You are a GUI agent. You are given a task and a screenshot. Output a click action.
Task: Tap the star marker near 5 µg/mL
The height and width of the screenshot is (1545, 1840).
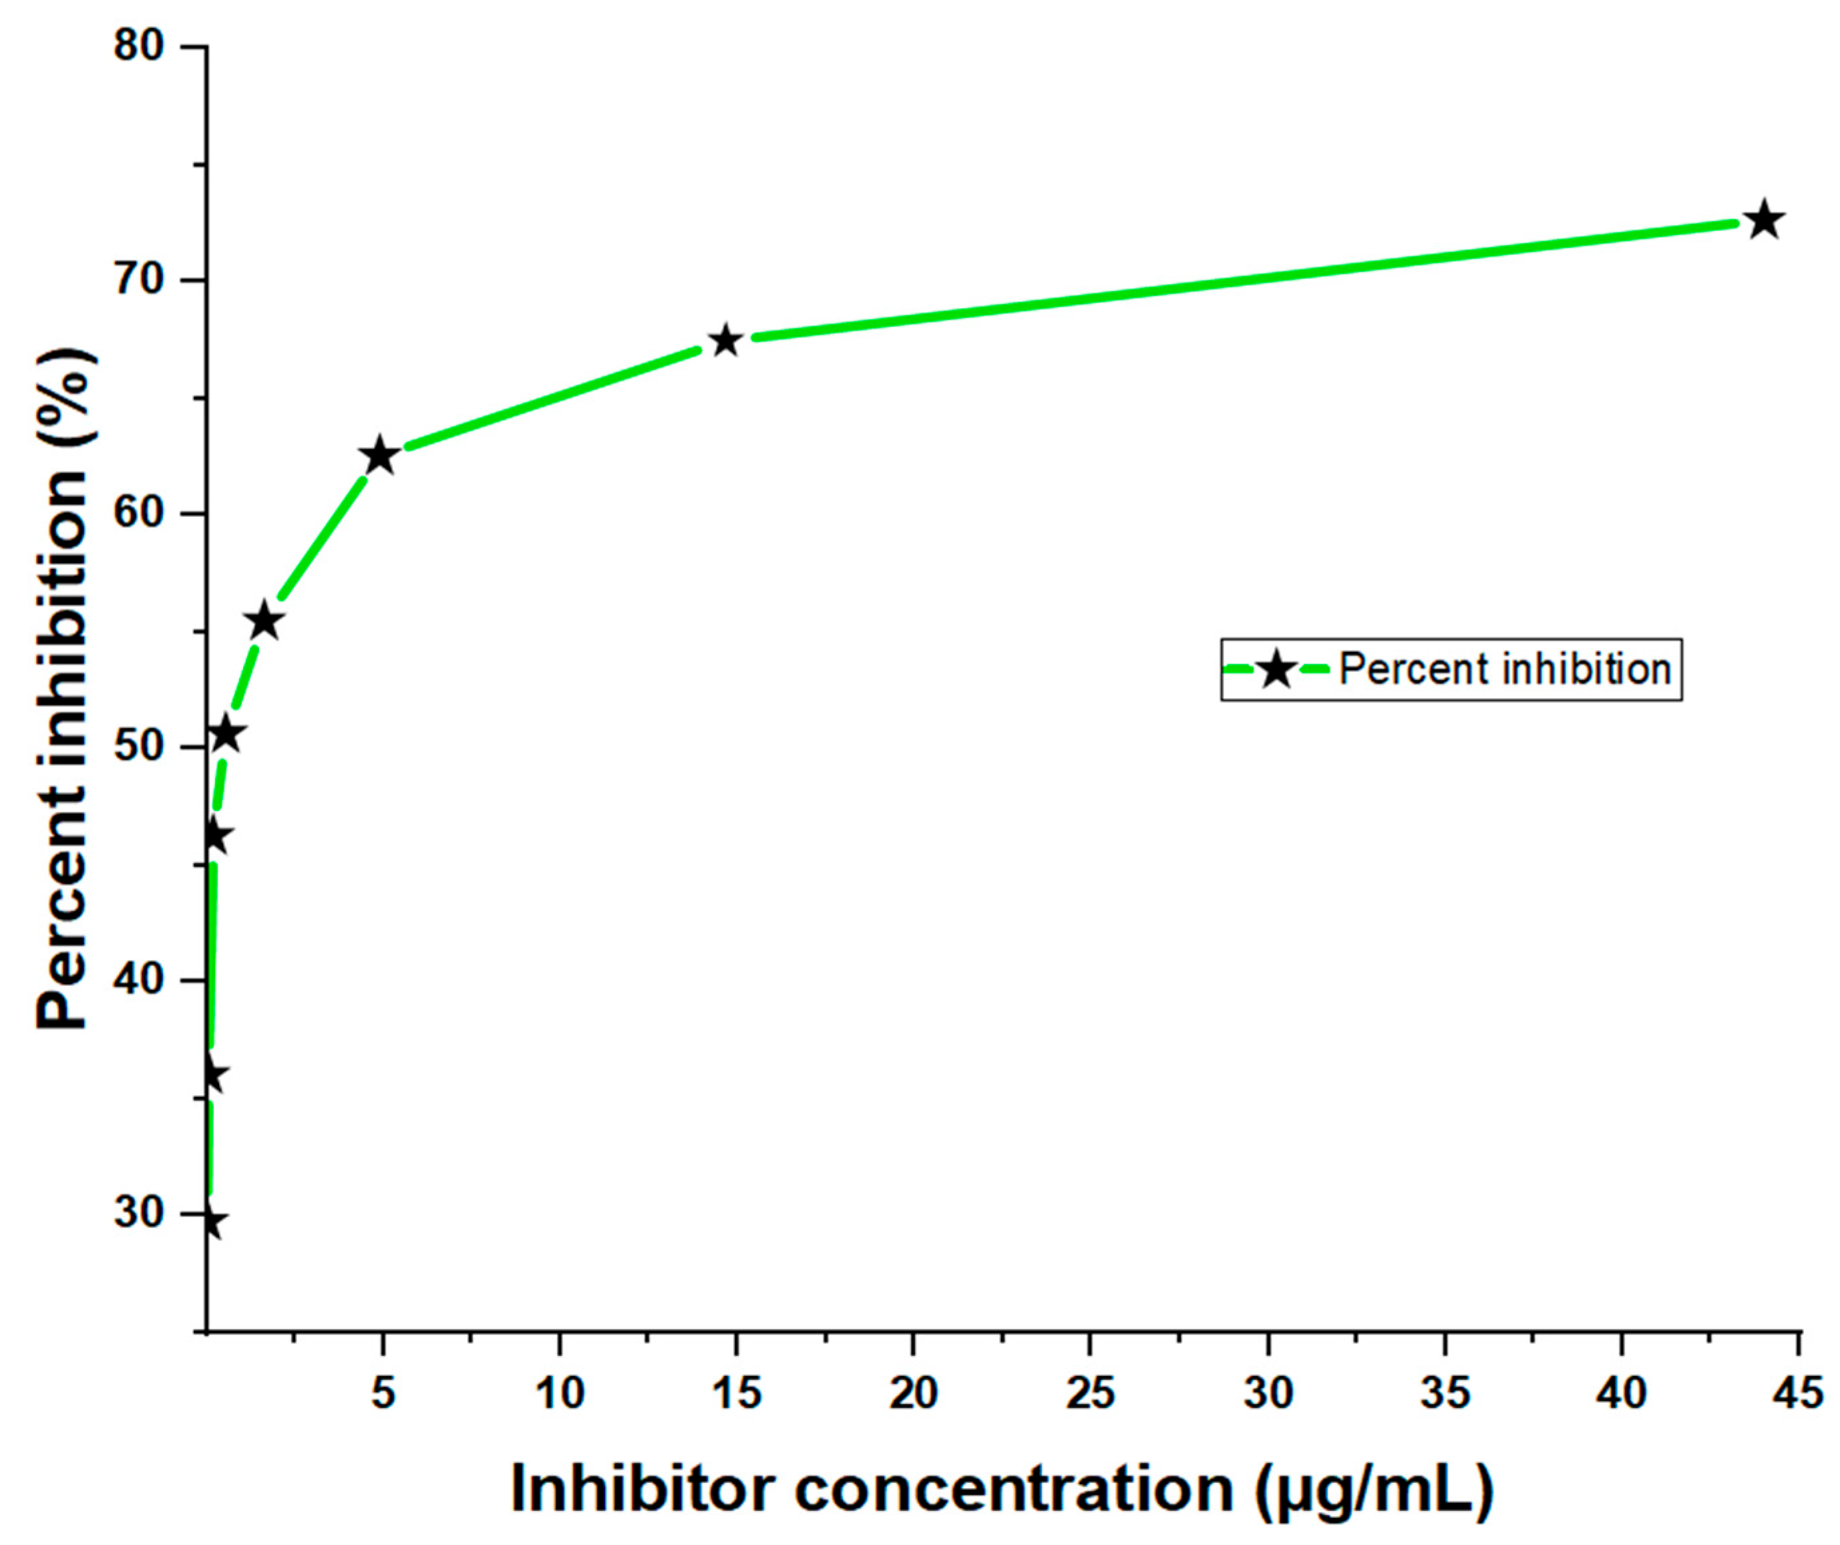click(379, 455)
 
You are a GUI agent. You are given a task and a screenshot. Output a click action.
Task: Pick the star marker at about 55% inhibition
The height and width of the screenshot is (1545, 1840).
click(264, 622)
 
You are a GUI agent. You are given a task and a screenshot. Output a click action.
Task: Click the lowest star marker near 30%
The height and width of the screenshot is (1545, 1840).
click(210, 1222)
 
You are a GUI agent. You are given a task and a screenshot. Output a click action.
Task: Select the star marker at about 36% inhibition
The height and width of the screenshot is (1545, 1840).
click(212, 1075)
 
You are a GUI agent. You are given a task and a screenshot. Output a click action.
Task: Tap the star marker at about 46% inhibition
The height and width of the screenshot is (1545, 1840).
click(214, 838)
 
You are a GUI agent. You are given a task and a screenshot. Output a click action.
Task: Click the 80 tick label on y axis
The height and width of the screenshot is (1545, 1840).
click(140, 45)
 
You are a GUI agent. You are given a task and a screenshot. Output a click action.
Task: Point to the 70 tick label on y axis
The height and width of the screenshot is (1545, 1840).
click(140, 280)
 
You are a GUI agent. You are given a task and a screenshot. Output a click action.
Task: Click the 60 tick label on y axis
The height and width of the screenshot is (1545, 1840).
click(140, 513)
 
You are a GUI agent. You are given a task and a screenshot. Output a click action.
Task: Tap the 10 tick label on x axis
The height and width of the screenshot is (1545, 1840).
click(560, 1393)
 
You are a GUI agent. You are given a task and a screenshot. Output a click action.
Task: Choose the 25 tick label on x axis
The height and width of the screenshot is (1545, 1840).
click(1090, 1393)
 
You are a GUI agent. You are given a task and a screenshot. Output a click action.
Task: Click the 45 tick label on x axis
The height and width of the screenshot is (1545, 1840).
click(1797, 1393)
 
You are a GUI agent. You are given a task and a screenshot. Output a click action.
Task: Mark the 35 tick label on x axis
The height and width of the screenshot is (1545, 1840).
click(1444, 1393)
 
